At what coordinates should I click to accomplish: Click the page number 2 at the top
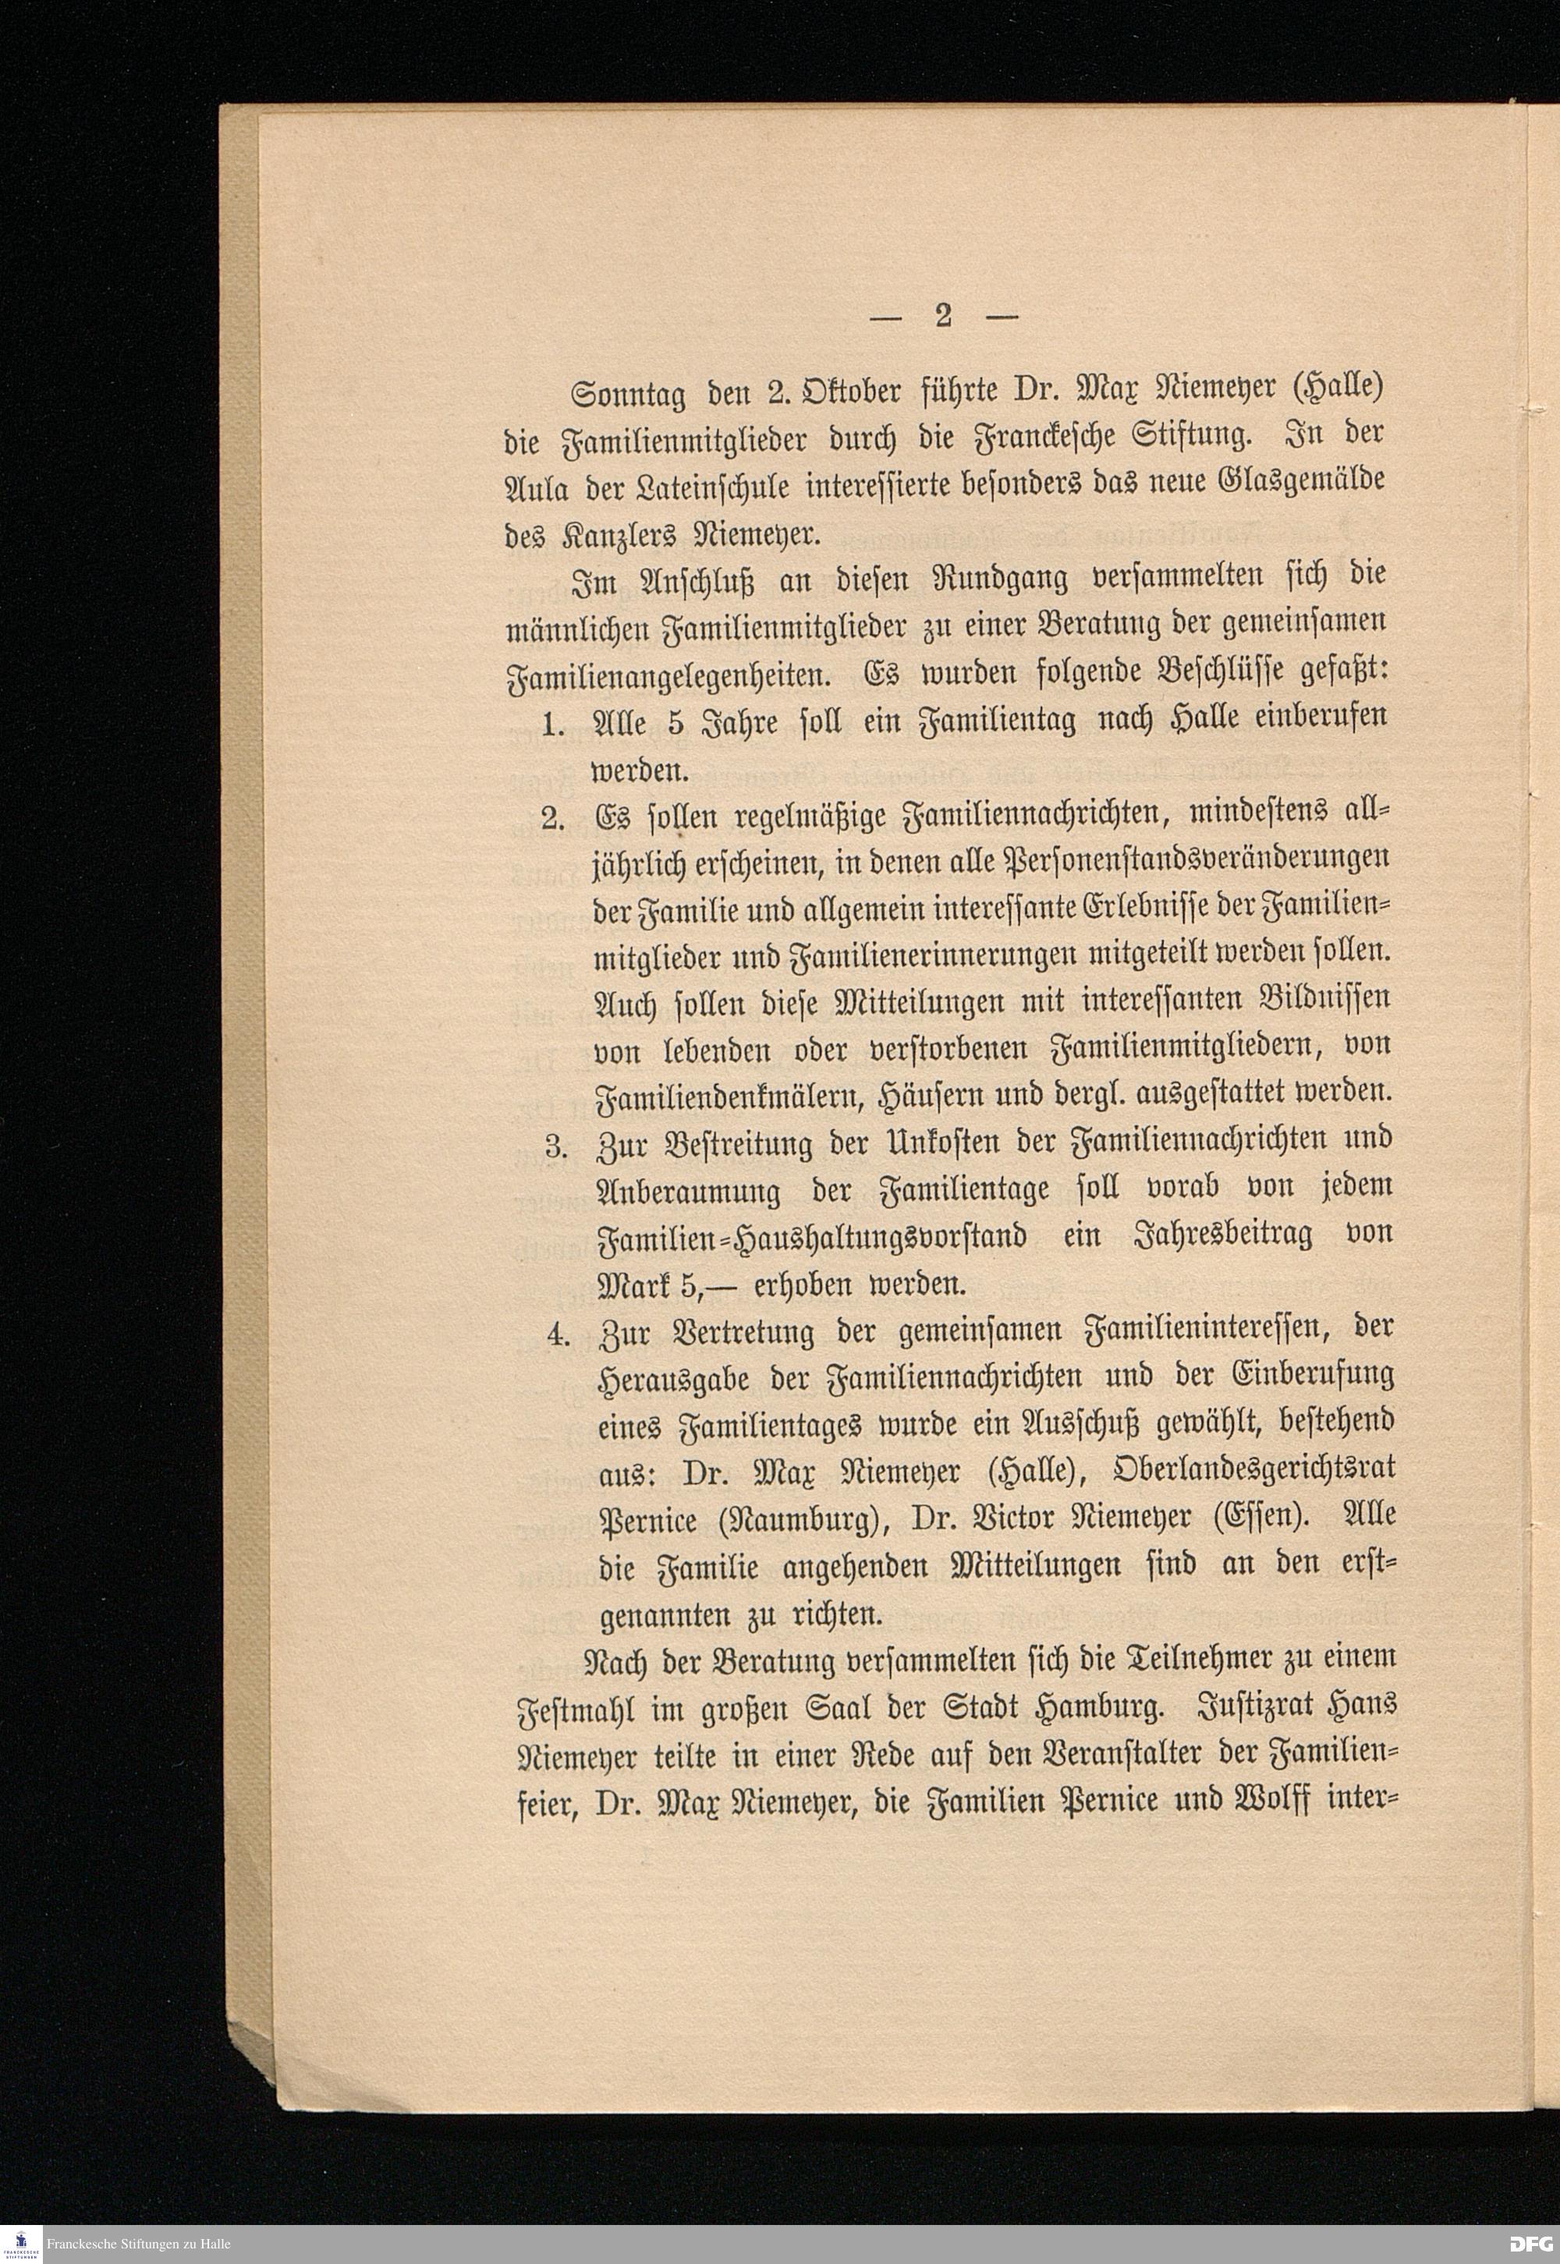pyautogui.click(x=943, y=317)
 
